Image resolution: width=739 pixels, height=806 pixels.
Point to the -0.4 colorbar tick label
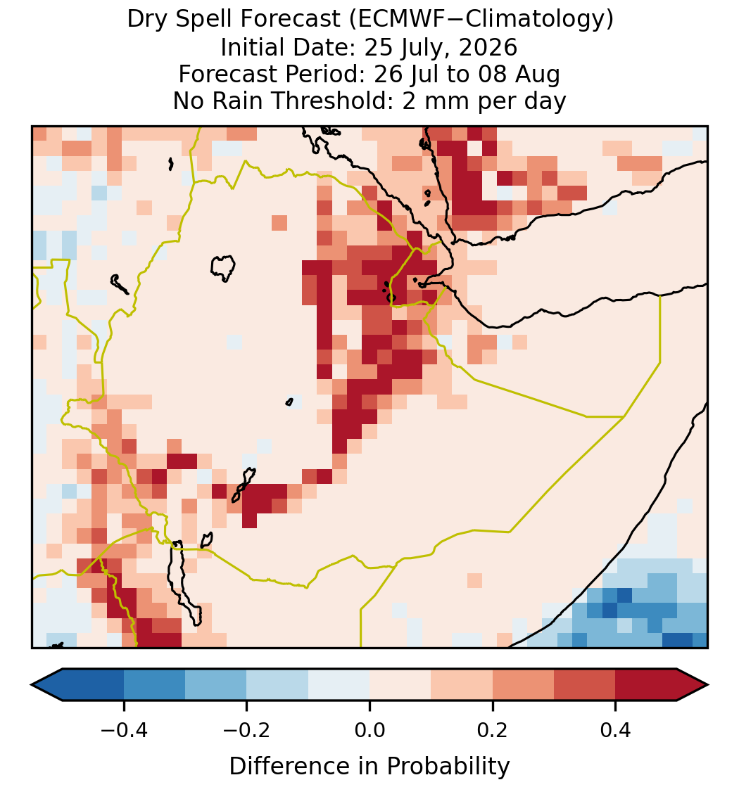[124, 729]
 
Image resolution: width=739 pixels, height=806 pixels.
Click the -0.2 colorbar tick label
[247, 729]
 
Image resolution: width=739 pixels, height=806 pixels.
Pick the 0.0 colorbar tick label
[369, 729]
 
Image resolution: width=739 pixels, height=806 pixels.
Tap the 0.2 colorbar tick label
[493, 729]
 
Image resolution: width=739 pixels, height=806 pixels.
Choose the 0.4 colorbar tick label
[616, 729]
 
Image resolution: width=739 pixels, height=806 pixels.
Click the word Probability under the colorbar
[448, 767]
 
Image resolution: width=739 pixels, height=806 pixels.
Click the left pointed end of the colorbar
[32, 685]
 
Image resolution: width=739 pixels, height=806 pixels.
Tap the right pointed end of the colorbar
[707, 685]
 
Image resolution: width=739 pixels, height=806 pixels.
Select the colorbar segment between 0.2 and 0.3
[523, 685]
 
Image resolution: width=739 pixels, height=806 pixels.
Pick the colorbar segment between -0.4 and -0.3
[154, 685]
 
